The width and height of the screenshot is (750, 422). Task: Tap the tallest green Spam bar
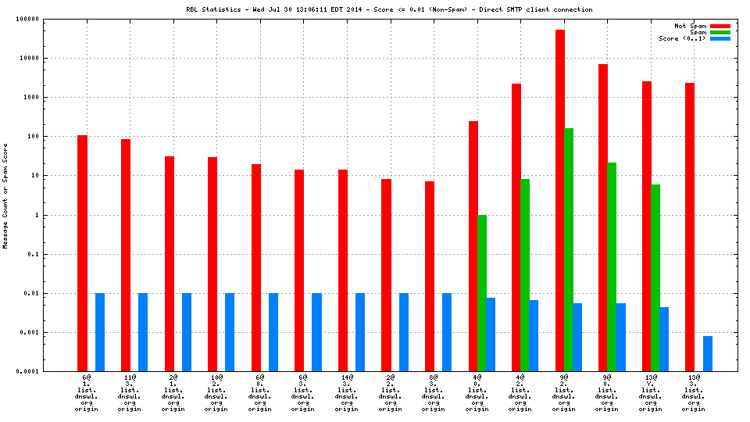pyautogui.click(x=569, y=249)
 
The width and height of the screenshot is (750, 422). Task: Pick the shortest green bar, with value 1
pyautogui.click(x=482, y=293)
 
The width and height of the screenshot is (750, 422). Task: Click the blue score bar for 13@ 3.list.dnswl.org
pyautogui.click(x=708, y=353)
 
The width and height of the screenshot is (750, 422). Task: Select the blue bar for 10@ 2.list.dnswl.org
pyautogui.click(x=230, y=332)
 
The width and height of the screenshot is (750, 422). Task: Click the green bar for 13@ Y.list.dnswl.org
pyautogui.click(x=655, y=277)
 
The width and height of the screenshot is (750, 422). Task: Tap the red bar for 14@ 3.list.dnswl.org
pyautogui.click(x=343, y=270)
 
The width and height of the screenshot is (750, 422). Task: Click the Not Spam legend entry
pyautogui.click(x=691, y=26)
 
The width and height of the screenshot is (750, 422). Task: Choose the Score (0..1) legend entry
pyautogui.click(x=682, y=38)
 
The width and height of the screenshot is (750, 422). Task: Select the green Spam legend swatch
pyautogui.click(x=720, y=32)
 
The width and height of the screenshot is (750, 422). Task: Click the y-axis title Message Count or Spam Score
pyautogui.click(x=5, y=195)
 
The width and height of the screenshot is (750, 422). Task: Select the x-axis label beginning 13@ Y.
pyautogui.click(x=651, y=394)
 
